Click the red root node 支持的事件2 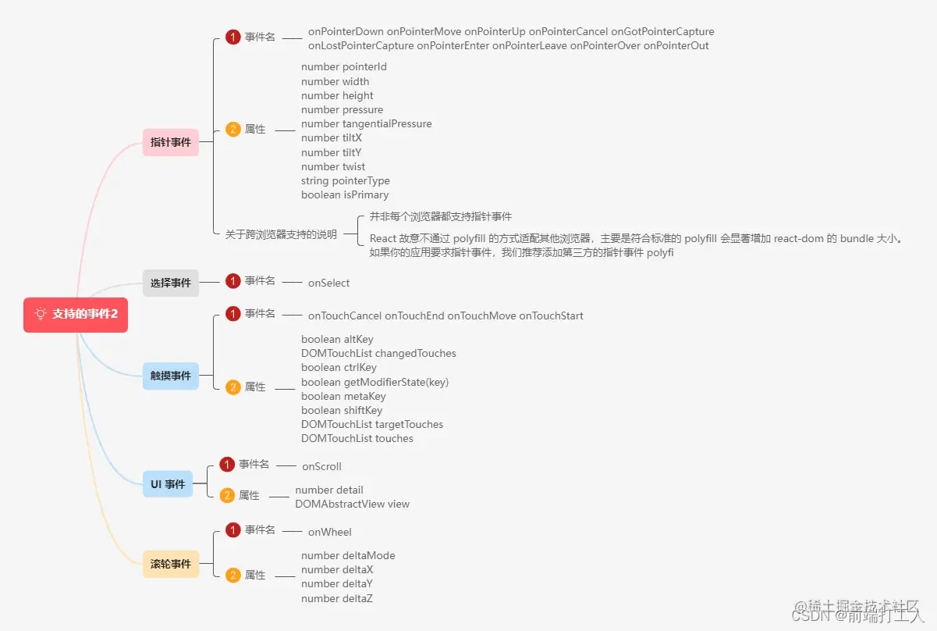tap(76, 314)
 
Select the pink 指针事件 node tap(170, 142)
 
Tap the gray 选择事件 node tap(170, 283)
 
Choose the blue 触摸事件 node tap(170, 376)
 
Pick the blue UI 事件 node tap(168, 484)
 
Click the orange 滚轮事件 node tap(170, 563)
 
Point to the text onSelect tap(328, 283)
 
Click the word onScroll tap(321, 466)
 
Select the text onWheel tap(329, 532)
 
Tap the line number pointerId tap(343, 67)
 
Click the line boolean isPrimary tap(345, 194)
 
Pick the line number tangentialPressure tap(366, 123)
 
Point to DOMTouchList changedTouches tap(378, 353)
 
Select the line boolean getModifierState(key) tap(374, 382)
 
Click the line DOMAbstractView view tap(352, 504)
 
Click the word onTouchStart tap(551, 315)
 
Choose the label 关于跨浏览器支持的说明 tap(281, 234)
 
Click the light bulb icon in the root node tap(41, 314)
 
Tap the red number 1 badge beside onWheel tap(232, 530)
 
